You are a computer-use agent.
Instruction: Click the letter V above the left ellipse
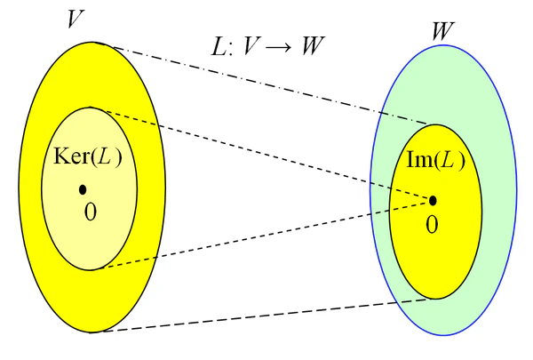76,20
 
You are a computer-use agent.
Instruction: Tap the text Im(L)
435,161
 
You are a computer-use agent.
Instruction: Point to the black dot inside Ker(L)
83,188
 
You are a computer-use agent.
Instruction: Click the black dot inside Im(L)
434,200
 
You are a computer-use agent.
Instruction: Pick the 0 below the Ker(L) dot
89,212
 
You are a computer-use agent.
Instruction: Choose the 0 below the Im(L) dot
432,224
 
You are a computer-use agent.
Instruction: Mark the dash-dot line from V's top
266,84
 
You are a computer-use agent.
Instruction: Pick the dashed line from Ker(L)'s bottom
266,235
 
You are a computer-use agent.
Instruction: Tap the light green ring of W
497,196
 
